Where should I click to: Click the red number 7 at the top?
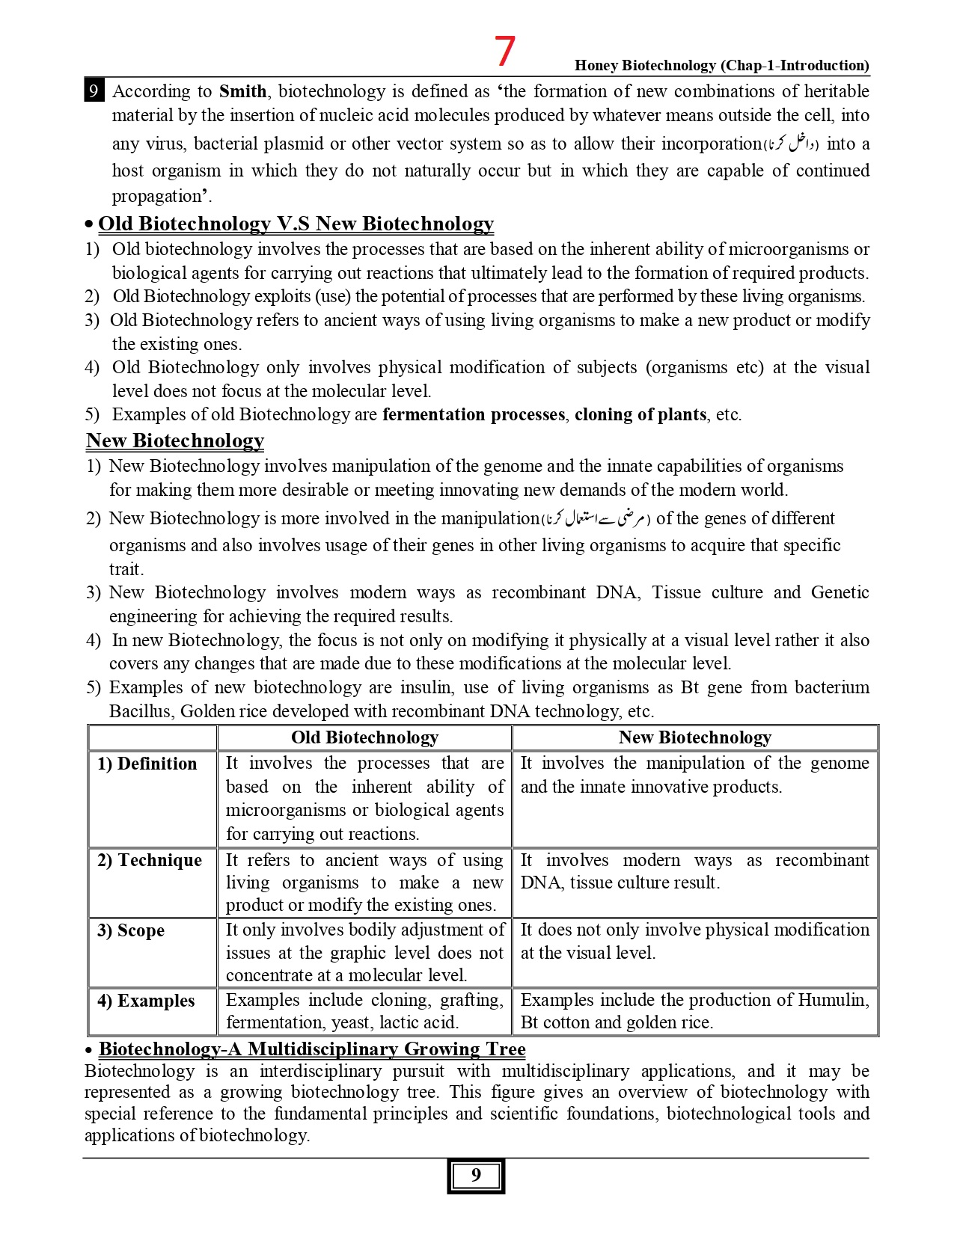(505, 52)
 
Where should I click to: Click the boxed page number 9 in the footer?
(476, 1176)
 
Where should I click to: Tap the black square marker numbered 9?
(94, 91)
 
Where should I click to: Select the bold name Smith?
(242, 91)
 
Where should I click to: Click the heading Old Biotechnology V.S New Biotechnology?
(296, 224)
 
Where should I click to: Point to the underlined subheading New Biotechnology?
(175, 441)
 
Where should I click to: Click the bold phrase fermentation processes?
(473, 414)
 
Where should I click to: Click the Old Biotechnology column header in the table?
(364, 737)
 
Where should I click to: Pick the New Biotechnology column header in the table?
(694, 737)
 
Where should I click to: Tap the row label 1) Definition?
(147, 764)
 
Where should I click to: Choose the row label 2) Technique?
(150, 860)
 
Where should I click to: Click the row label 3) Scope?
(131, 930)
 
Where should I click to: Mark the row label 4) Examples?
(146, 1001)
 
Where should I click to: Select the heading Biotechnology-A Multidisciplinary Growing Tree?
(312, 1049)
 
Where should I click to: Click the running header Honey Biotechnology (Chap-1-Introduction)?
(721, 65)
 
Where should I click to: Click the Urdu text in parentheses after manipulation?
(596, 518)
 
